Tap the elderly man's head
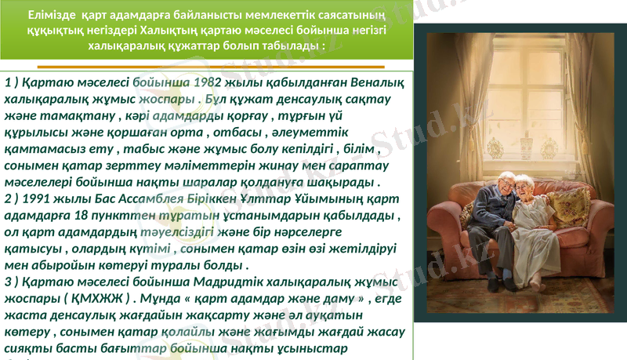pos(507,181)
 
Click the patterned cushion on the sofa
pos(570,205)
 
